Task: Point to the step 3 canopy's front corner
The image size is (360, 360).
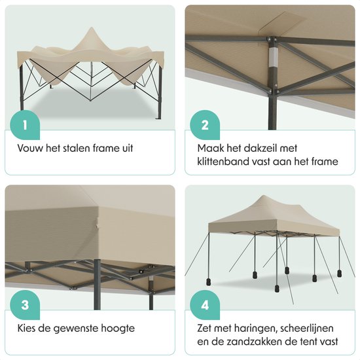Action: pos(97,227)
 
